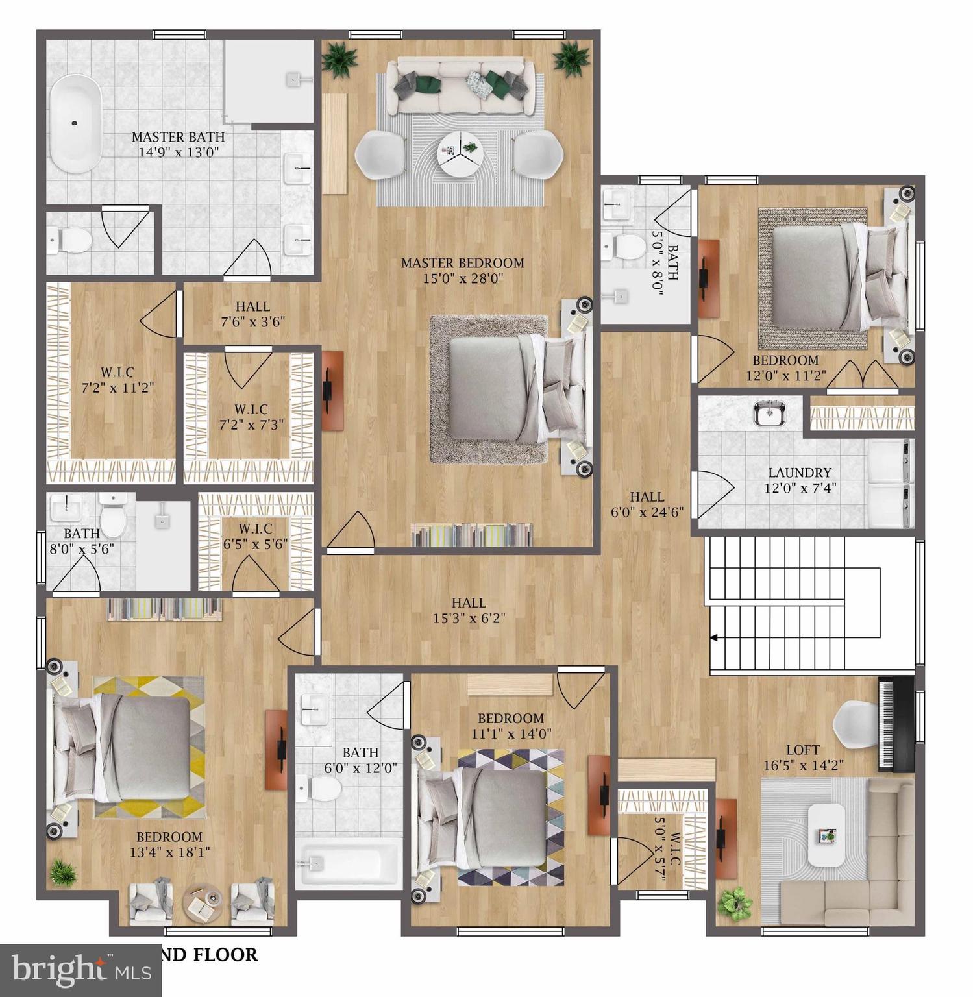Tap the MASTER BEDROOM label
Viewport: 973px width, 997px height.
[x=462, y=263]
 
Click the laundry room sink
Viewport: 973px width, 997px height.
[x=770, y=413]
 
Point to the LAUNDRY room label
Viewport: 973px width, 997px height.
[x=799, y=473]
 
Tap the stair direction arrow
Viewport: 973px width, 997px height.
[x=714, y=638]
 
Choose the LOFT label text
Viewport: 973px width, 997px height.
[x=803, y=750]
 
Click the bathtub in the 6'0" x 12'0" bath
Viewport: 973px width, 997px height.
[x=348, y=862]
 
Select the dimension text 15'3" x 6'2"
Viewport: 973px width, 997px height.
[x=469, y=619]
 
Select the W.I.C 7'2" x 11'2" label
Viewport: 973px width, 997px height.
[x=117, y=380]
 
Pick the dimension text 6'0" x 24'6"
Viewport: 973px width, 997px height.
[x=647, y=512]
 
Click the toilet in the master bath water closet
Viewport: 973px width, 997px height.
[x=70, y=241]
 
